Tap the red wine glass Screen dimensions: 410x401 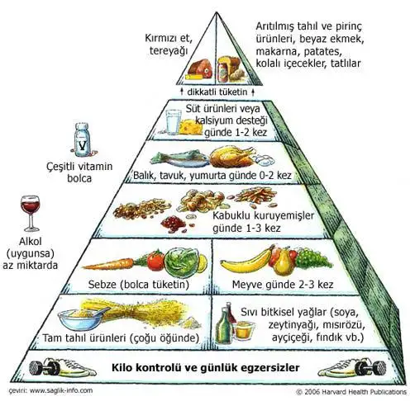(31, 213)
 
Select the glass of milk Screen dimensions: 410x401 (174, 122)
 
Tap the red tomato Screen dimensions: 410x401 (155, 260)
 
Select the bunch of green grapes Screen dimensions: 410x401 (312, 258)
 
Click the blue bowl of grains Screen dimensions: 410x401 (80, 318)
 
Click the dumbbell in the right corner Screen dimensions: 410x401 (370, 368)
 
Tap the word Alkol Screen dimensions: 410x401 (31, 241)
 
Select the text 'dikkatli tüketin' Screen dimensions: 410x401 (217, 92)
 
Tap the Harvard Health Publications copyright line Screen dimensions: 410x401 (351, 392)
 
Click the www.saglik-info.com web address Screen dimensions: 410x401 (61, 390)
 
